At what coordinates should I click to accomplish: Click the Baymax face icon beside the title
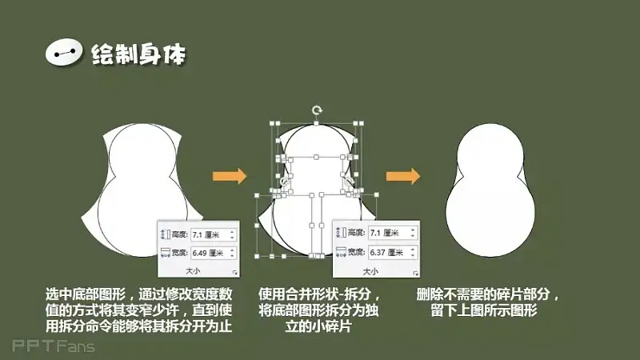pyautogui.click(x=64, y=52)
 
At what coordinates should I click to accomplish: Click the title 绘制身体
pyautogui.click(x=138, y=54)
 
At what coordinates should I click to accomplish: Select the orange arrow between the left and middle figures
pyautogui.click(x=230, y=176)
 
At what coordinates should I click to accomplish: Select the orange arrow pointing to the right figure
pyautogui.click(x=403, y=176)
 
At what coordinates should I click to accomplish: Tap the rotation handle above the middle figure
pyautogui.click(x=317, y=110)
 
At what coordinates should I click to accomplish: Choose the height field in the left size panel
pyautogui.click(x=214, y=234)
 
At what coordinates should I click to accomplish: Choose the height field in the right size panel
pyautogui.click(x=392, y=233)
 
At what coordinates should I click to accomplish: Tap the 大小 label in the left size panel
pyautogui.click(x=193, y=270)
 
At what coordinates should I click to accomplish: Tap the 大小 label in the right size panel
pyautogui.click(x=370, y=271)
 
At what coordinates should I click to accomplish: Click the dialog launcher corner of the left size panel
pyautogui.click(x=234, y=272)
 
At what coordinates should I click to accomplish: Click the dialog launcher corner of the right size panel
pyautogui.click(x=415, y=273)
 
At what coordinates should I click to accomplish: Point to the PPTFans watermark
pyautogui.click(x=54, y=346)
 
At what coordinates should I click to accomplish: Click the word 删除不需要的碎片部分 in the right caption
pyautogui.click(x=483, y=294)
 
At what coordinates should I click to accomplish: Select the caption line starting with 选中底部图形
pyautogui.click(x=138, y=294)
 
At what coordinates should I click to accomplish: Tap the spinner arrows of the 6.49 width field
pyautogui.click(x=232, y=253)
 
